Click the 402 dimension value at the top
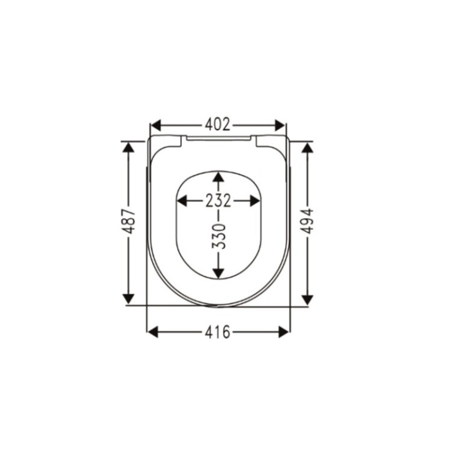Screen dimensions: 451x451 pyautogui.click(x=218, y=124)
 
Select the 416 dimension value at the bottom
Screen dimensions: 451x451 pyautogui.click(x=218, y=332)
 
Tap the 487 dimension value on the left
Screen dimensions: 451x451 pyautogui.click(x=129, y=222)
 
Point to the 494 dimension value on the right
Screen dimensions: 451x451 pyautogui.click(x=307, y=222)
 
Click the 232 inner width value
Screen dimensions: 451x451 pyautogui.click(x=218, y=200)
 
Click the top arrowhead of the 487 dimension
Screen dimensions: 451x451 pyautogui.click(x=129, y=148)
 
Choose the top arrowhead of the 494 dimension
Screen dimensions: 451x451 pyautogui.click(x=307, y=148)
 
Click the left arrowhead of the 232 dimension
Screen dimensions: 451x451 pyautogui.click(x=183, y=200)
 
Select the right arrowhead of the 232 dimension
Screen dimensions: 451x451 pyautogui.click(x=254, y=200)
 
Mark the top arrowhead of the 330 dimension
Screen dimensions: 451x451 pyautogui.click(x=218, y=178)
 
